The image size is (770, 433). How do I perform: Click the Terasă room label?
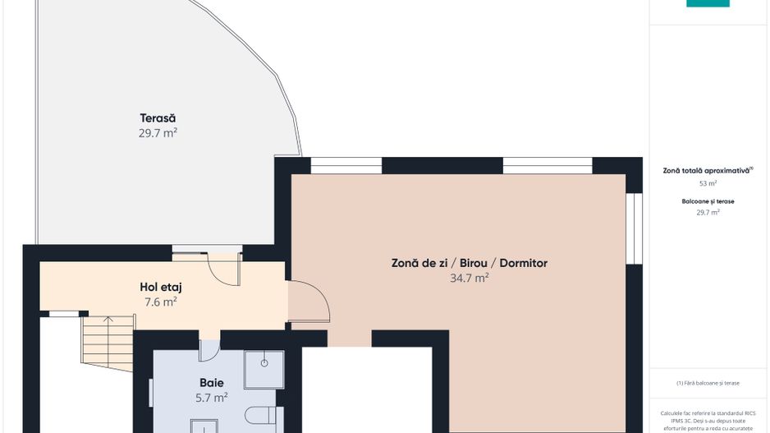158,118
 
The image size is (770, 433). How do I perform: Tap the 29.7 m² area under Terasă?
158,132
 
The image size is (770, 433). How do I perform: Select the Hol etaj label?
161,287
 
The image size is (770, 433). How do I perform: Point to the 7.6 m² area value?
161,302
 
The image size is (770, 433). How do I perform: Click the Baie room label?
212,382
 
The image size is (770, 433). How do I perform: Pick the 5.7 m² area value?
212,397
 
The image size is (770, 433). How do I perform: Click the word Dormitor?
520,263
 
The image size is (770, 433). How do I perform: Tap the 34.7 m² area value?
470,278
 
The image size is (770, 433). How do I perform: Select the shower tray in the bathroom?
264,369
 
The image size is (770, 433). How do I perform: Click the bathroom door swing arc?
209,348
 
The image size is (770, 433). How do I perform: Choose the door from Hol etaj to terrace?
223,266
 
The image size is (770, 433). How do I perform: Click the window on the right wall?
632,228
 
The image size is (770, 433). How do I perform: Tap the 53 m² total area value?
708,184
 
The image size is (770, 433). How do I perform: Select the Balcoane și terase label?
708,200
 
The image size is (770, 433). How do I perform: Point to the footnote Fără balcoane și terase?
708,383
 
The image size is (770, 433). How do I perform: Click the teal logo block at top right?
708,3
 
